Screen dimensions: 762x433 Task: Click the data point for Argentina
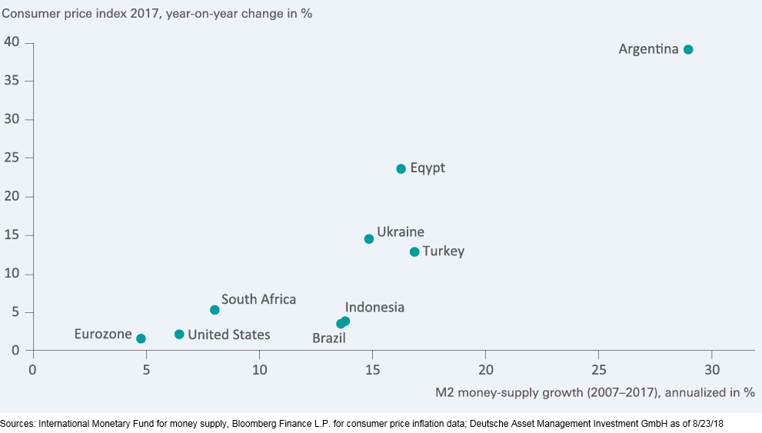click(x=687, y=49)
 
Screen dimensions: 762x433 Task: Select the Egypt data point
click(x=401, y=169)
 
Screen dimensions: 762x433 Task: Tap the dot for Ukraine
click(x=369, y=239)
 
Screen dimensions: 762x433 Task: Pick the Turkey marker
click(x=414, y=251)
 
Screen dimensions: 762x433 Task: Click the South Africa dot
click(x=215, y=310)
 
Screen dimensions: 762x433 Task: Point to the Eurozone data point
click(x=141, y=338)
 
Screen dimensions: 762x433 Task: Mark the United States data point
click(x=179, y=335)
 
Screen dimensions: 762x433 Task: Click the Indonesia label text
click(x=374, y=307)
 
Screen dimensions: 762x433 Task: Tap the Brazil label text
click(x=329, y=338)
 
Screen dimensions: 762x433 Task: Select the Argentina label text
click(x=648, y=49)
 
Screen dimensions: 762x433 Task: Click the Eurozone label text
click(x=103, y=334)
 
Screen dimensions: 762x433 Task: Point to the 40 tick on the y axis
click(x=12, y=42)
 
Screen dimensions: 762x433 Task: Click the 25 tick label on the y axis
click(x=12, y=158)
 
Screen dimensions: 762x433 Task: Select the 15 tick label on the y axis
click(x=12, y=235)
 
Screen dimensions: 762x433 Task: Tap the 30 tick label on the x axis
click(x=712, y=370)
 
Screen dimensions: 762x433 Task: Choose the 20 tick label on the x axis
click(x=485, y=370)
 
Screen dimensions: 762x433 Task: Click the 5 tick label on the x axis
click(x=146, y=370)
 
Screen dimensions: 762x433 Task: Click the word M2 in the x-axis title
click(x=444, y=392)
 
